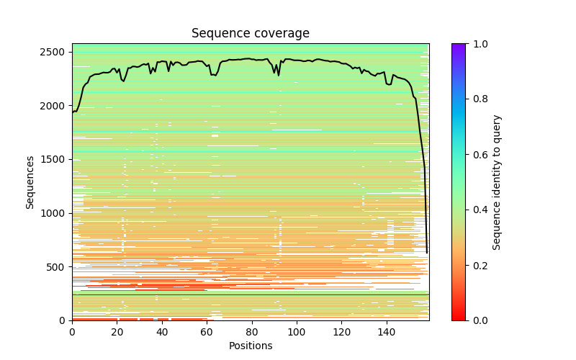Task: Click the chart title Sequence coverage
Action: tap(250, 33)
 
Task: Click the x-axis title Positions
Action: tap(250, 346)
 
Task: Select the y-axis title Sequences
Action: tap(30, 181)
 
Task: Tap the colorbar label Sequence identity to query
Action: tap(497, 181)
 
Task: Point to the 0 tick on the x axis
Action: tap(72, 331)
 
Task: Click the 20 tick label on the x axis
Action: tap(117, 331)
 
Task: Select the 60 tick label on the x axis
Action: tap(207, 331)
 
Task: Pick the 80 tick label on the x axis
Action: tap(252, 331)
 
